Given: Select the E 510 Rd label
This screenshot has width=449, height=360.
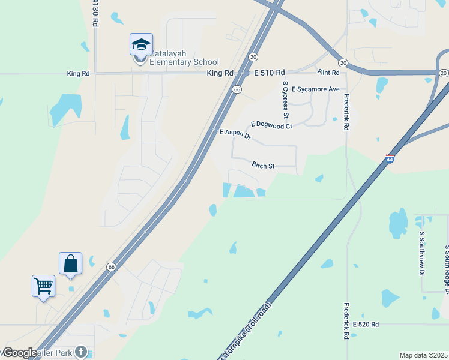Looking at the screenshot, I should tap(269, 73).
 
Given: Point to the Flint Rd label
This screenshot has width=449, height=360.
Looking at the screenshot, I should tap(328, 73).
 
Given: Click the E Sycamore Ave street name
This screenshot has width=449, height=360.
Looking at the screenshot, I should tap(316, 89).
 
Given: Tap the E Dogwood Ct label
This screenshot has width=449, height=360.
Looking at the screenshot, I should tap(271, 125).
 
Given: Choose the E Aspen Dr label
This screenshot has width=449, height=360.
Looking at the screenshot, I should tap(235, 134).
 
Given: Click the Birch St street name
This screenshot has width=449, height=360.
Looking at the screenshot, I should tap(263, 165).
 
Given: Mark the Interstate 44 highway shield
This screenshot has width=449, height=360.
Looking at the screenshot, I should tap(390, 159).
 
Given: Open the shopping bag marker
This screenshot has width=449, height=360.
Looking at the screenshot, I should tap(70, 263).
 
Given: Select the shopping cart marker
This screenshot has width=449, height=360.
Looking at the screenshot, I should tap(43, 286).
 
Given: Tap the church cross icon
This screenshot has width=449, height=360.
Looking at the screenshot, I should tap(81, 352).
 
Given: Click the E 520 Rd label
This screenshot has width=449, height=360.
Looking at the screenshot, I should tap(366, 324).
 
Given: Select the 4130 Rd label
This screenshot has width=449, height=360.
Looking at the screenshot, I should tap(95, 12).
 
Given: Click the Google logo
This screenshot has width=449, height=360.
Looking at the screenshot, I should tap(20, 353).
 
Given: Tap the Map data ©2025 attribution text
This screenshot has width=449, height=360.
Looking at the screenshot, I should tap(423, 355).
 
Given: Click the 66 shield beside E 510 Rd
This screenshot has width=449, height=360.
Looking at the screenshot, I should tap(238, 89).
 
